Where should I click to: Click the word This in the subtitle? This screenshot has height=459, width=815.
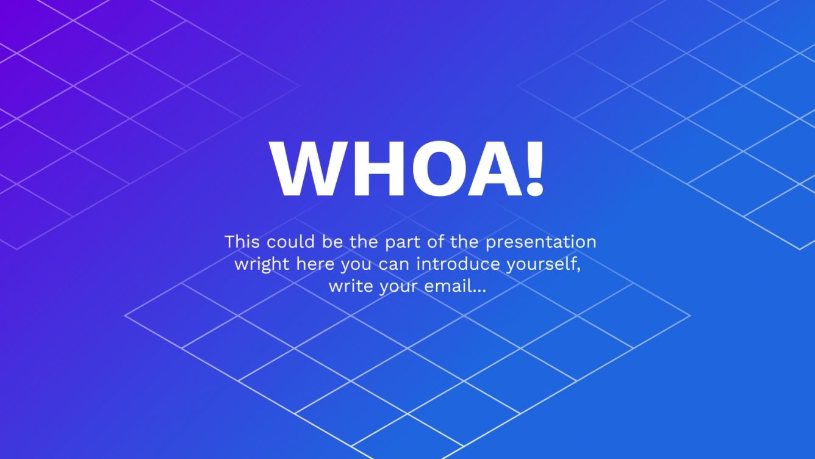click(242, 242)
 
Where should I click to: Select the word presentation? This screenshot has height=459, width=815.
click(540, 242)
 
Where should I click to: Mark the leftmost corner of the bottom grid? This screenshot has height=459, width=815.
click(126, 316)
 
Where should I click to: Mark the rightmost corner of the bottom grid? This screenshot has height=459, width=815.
click(689, 316)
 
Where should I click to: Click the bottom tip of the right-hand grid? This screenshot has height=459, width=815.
click(800, 249)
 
